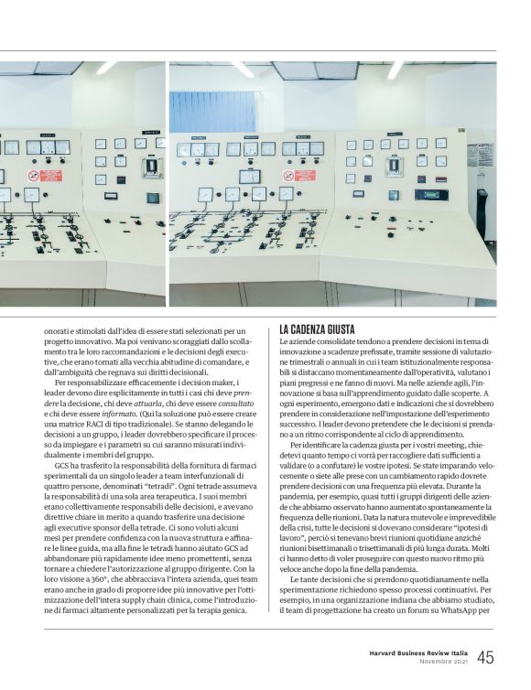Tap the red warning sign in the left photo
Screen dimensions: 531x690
point(50,175)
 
